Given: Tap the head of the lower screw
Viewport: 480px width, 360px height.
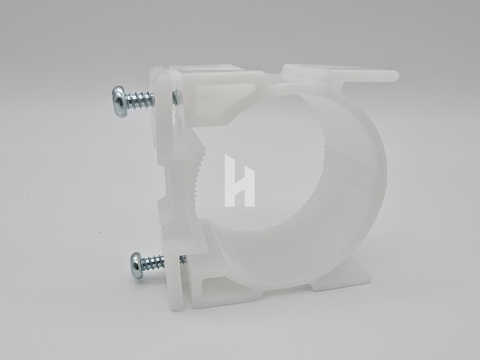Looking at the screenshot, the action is (x=137, y=266).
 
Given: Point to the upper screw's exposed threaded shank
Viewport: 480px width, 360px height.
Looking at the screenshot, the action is (x=141, y=100).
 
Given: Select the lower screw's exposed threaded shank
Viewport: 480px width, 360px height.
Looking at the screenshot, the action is (x=155, y=263).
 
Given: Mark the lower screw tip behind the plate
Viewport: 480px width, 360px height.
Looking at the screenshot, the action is (x=183, y=259).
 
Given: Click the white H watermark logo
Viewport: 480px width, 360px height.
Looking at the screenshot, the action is (x=239, y=181).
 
